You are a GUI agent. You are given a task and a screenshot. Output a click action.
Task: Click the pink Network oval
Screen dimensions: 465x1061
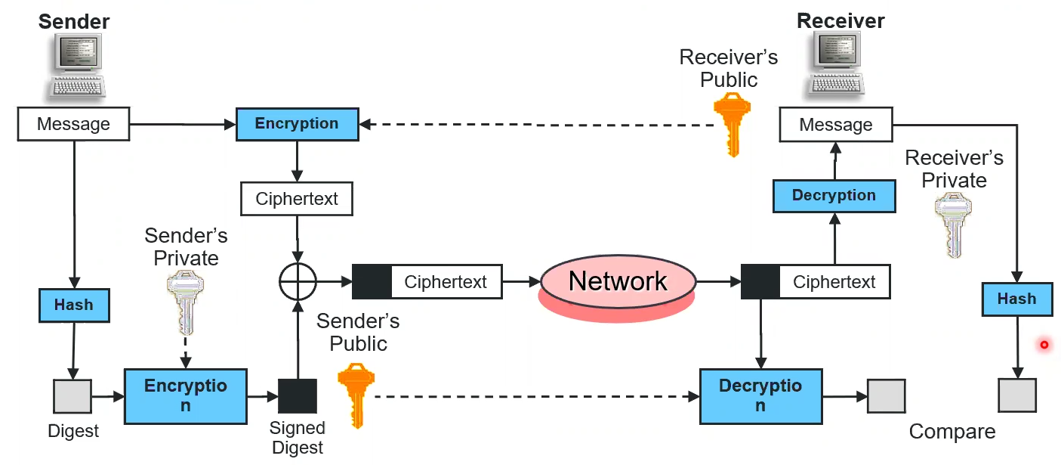click(618, 282)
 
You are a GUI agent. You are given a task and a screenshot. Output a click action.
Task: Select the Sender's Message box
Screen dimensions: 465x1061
click(73, 124)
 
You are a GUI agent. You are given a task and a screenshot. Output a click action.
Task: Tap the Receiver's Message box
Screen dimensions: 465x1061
click(835, 124)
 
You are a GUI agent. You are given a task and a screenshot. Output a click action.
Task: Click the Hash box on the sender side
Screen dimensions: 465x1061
click(74, 305)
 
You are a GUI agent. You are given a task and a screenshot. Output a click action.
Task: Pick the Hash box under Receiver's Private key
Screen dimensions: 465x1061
click(1016, 299)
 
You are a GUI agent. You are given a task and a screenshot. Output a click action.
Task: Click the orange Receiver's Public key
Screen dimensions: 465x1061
click(731, 123)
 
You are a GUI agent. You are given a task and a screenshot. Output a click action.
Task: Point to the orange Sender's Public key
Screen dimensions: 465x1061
click(355, 393)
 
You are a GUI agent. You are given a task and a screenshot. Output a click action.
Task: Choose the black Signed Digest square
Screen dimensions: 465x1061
click(298, 395)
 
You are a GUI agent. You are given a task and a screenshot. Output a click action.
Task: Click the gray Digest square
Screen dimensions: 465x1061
click(72, 396)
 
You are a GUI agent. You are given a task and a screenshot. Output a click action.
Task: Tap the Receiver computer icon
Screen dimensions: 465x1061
click(839, 67)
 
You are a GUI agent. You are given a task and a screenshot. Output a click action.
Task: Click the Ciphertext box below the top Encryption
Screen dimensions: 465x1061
click(297, 200)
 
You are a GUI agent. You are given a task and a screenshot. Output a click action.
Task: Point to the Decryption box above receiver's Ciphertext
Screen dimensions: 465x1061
click(834, 196)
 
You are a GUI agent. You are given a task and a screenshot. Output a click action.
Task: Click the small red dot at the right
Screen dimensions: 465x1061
click(1044, 345)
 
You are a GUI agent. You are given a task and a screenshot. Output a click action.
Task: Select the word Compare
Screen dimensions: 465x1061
click(952, 432)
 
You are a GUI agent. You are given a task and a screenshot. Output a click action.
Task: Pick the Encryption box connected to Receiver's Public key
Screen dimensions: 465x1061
click(297, 124)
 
